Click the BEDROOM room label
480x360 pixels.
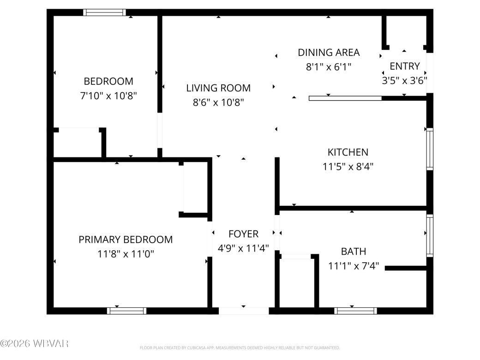click(x=108, y=81)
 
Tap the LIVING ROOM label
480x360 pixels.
click(x=218, y=88)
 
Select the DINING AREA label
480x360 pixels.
click(x=329, y=53)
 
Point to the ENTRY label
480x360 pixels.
click(x=404, y=66)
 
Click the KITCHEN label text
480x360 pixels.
click(x=348, y=152)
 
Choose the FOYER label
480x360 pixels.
click(x=243, y=234)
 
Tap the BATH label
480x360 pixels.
click(x=353, y=252)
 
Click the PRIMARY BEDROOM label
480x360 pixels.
click(x=126, y=240)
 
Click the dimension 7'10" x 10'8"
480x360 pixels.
click(x=108, y=96)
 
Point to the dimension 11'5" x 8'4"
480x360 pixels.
click(x=348, y=166)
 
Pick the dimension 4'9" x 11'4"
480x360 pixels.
click(x=243, y=248)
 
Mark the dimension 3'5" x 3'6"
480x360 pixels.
click(x=404, y=80)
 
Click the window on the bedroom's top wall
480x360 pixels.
click(x=104, y=12)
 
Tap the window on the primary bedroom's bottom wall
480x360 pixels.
click(x=126, y=311)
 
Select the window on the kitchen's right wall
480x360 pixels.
click(x=430, y=149)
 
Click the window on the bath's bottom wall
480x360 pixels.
click(x=355, y=311)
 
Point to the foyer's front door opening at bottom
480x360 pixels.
click(x=243, y=311)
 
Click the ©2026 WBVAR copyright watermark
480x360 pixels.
click(x=35, y=343)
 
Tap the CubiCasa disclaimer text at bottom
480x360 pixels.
click(x=240, y=348)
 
